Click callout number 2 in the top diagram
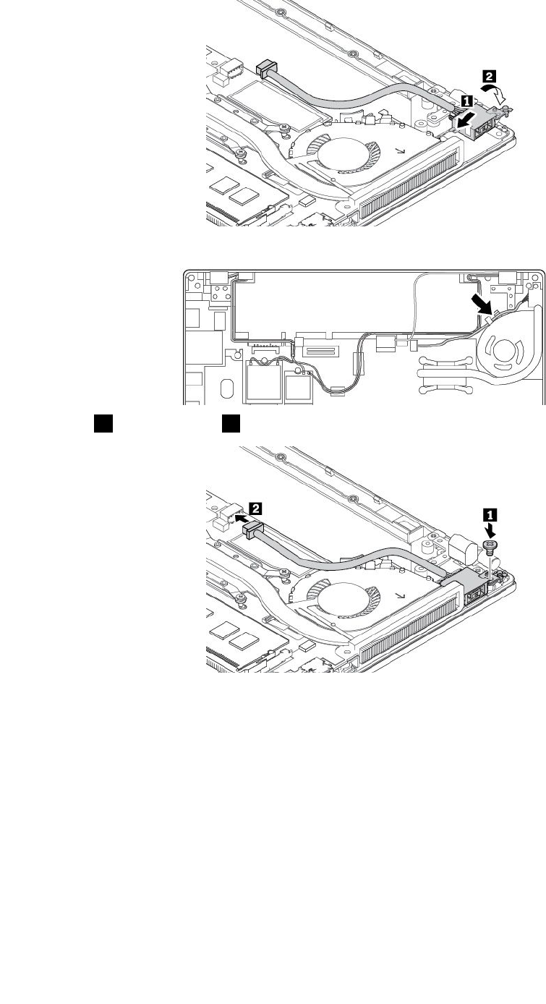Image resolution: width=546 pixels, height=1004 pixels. point(490,75)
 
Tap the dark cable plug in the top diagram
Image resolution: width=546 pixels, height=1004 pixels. point(267,67)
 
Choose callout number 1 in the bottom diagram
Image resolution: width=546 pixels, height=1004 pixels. point(490,515)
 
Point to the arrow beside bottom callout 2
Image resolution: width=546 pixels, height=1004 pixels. point(245,519)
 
